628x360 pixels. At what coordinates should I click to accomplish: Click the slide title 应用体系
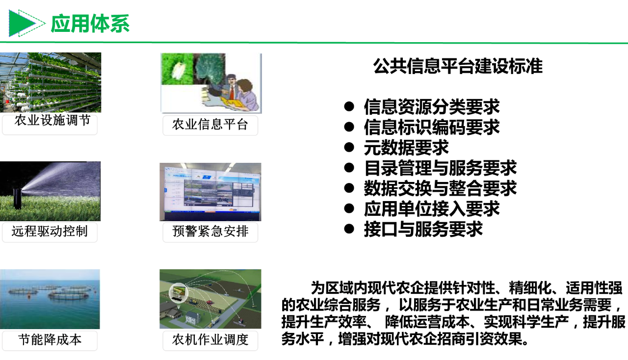pos(90,24)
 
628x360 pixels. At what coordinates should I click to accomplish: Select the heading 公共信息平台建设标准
pos(458,66)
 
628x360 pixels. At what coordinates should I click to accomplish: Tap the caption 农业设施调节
pos(52,120)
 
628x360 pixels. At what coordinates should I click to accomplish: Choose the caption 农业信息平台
pos(210,125)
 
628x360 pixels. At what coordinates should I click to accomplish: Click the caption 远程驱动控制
pos(50,231)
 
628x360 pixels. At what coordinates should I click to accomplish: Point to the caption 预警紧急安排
pos(210,231)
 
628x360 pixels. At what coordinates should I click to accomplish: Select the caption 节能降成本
pos(50,339)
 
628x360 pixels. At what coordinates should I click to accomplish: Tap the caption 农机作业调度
pos(210,339)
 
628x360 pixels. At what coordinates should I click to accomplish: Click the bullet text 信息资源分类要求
pos(432,107)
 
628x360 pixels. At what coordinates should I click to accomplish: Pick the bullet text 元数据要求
pos(406,148)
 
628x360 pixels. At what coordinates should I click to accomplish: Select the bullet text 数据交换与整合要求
pos(440,188)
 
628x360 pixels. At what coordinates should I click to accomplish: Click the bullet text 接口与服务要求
pos(423,229)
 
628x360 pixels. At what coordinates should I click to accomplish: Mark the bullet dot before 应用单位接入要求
pos(349,208)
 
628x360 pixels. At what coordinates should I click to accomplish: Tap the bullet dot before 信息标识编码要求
pos(349,127)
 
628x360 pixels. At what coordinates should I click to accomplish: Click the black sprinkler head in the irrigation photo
pos(17,198)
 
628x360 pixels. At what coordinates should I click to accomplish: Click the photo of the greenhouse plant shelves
pos(51,82)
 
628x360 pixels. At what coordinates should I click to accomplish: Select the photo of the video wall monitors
pos(210,192)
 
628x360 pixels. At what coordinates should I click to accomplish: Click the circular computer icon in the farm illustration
pos(178,292)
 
